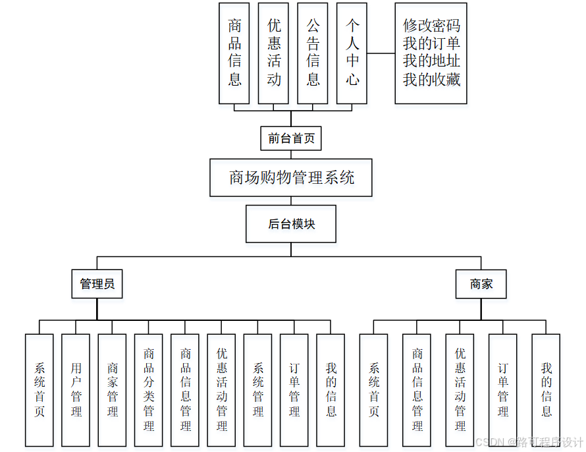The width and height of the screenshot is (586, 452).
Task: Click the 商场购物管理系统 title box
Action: (291, 177)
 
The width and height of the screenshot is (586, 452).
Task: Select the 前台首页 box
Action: (291, 139)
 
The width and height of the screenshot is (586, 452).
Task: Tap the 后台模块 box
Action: (291, 224)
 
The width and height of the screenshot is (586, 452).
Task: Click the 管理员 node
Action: (97, 284)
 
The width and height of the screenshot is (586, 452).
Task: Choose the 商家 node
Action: (481, 284)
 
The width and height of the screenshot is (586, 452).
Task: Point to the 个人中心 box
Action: (352, 53)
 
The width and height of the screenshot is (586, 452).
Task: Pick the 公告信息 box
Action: (313, 53)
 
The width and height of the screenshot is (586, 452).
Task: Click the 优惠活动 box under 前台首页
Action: (274, 53)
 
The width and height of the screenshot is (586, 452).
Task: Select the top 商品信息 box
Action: (234, 53)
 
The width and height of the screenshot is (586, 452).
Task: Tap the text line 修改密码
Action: (431, 26)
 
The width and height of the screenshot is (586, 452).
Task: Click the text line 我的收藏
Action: (431, 80)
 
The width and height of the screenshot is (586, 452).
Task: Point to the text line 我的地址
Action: (431, 62)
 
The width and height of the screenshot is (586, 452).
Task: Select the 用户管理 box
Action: (76, 389)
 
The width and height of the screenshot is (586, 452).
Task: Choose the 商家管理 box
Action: (112, 389)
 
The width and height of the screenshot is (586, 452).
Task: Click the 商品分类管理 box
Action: (149, 389)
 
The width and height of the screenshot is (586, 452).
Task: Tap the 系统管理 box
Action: (258, 389)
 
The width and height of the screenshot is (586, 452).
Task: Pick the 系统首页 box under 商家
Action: (374, 389)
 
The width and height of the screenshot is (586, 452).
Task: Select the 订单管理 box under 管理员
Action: (294, 389)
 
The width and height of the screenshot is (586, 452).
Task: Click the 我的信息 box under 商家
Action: (546, 389)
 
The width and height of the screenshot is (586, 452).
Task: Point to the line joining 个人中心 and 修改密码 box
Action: (381, 53)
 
